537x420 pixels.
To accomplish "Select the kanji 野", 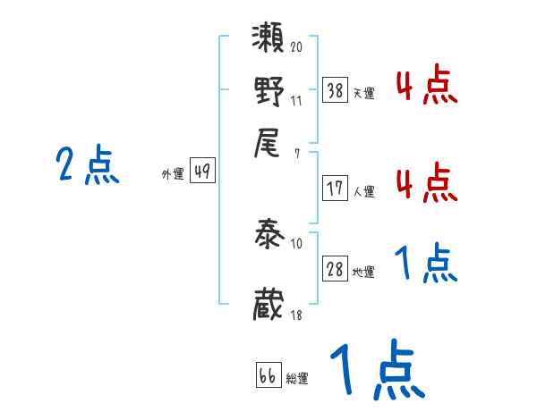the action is point(269,93).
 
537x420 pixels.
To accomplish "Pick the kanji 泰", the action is point(269,237).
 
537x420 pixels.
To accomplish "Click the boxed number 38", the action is point(336,90).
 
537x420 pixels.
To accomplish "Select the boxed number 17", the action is point(336,189).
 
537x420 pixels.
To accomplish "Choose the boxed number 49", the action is point(203,172).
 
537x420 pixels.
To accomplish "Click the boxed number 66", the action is point(267,377).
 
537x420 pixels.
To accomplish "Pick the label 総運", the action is point(296,379).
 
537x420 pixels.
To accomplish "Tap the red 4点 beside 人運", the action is point(426,181).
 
